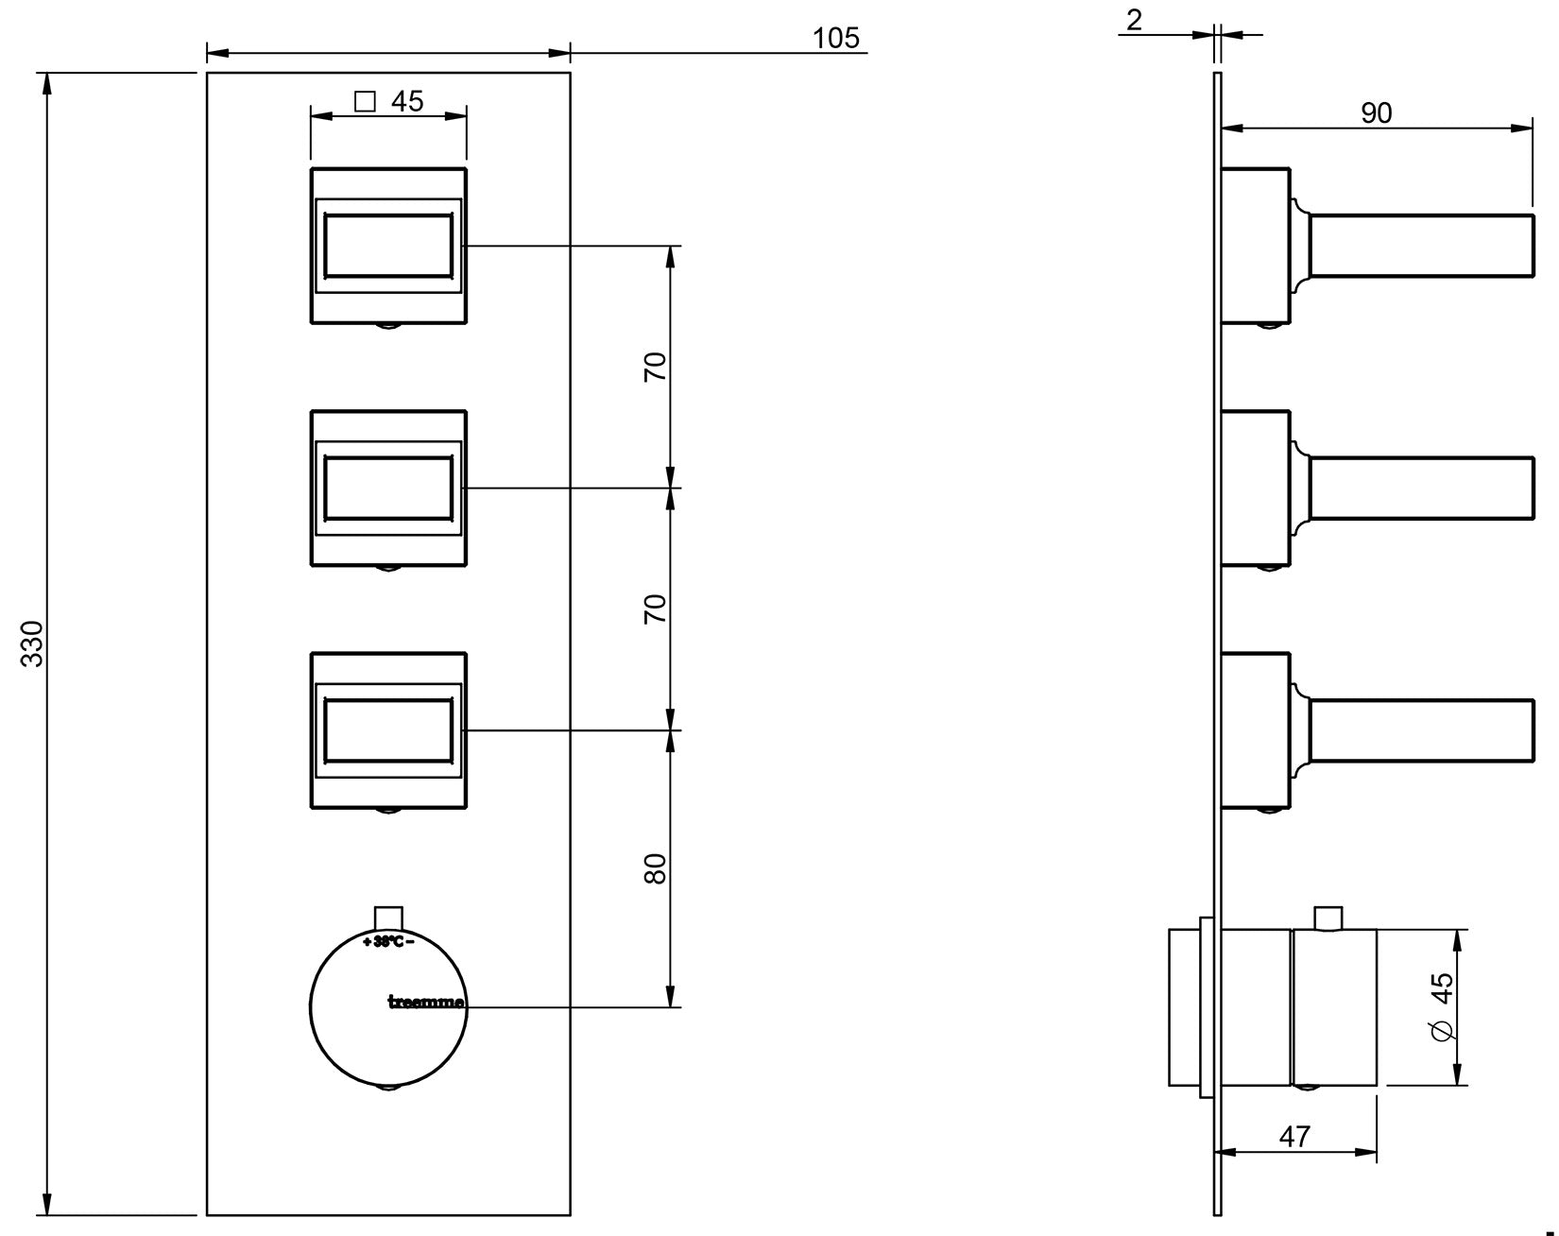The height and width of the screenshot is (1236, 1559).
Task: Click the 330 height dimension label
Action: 33,644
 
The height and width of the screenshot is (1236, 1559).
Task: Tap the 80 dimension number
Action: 656,868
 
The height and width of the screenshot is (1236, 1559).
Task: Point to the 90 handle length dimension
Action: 1376,112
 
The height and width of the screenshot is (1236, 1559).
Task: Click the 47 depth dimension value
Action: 1294,1137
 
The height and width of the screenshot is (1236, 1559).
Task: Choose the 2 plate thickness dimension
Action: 1134,19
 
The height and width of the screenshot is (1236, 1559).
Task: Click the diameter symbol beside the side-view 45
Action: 1442,1033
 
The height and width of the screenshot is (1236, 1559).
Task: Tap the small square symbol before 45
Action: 365,100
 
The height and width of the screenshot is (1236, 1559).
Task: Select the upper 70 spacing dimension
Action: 656,366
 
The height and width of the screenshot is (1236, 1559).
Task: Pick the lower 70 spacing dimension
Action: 656,608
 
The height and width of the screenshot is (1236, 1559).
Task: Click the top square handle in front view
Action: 388,246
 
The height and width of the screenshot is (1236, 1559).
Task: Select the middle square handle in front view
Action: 388,489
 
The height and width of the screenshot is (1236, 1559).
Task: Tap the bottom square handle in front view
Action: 388,730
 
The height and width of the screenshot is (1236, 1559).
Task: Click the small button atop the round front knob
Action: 388,917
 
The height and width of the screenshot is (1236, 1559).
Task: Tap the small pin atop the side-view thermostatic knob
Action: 1328,918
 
